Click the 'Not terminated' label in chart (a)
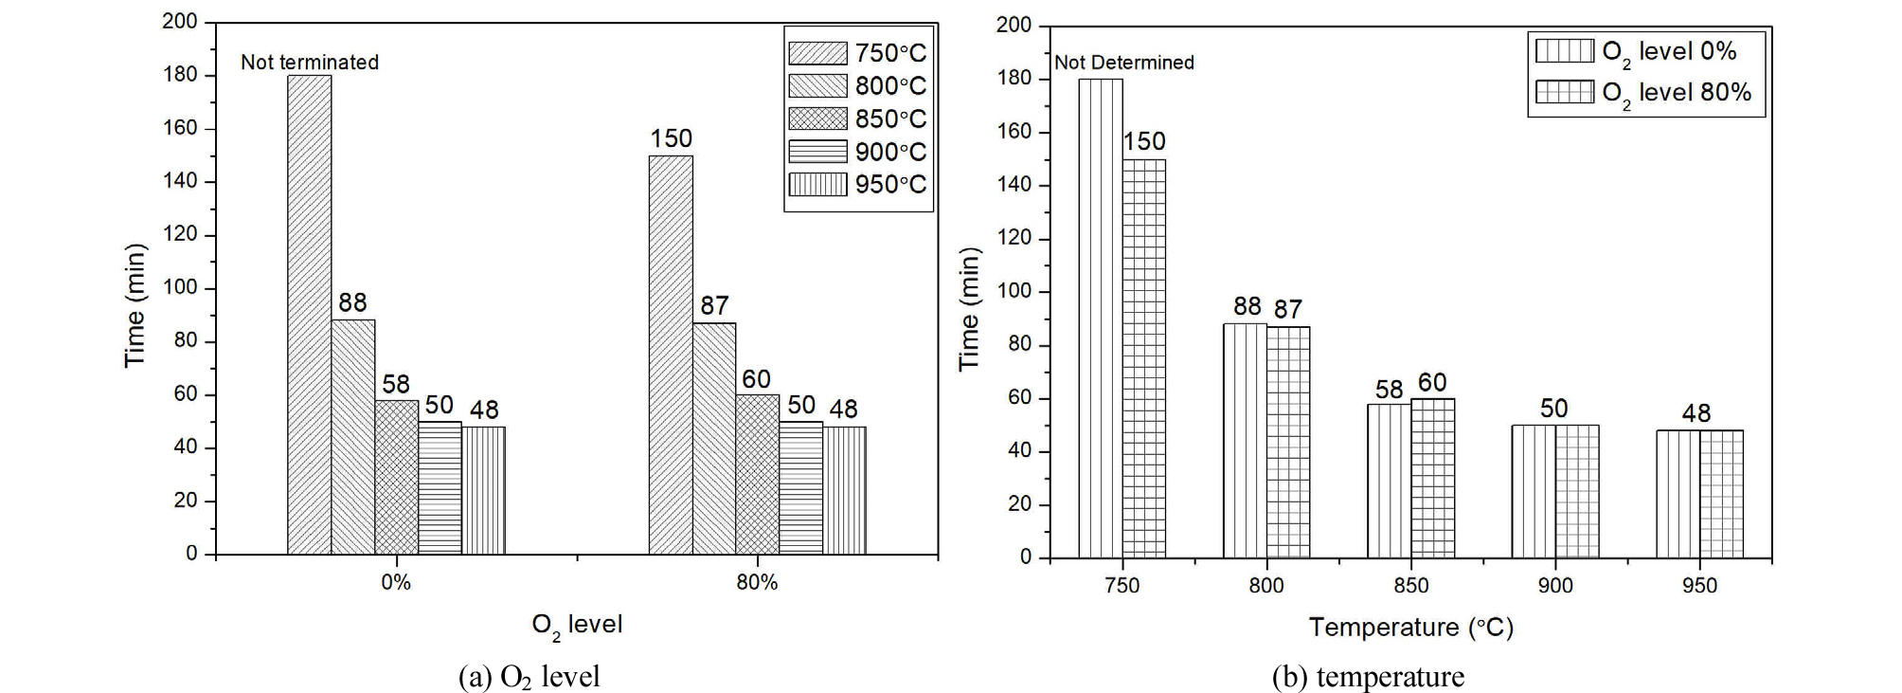tap(309, 63)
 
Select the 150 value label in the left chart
tap(671, 138)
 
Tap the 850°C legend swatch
tap(817, 119)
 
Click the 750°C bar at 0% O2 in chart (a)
tap(309, 313)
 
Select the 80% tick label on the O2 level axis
tap(757, 583)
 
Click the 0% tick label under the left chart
tap(396, 583)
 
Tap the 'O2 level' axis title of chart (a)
tap(576, 625)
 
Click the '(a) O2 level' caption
tap(529, 676)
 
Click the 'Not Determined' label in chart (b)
tap(1123, 63)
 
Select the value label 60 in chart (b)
tap(1431, 382)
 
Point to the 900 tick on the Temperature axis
tap(1554, 586)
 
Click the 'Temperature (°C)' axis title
tap(1410, 628)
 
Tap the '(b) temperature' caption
tap(1367, 676)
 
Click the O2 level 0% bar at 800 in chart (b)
tap(1245, 440)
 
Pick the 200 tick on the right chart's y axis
tap(1014, 25)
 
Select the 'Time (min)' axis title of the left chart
tap(135, 305)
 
